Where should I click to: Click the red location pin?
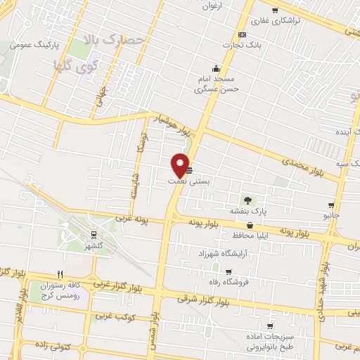pos(180,164)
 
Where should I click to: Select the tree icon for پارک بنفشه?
pos(245,200)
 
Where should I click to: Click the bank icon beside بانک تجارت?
pos(243,35)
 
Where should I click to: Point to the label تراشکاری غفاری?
pos(275,21)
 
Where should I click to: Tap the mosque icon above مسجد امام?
pos(216,69)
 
